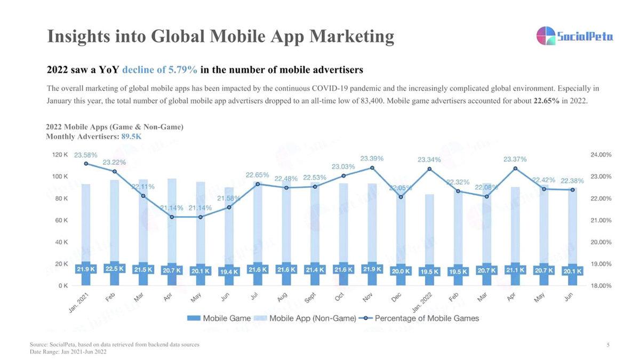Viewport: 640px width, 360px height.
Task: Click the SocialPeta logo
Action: (574, 36)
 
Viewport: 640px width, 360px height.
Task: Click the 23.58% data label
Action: (85, 155)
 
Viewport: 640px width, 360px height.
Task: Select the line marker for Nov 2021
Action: (372, 168)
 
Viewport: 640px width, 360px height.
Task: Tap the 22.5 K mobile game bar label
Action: (114, 269)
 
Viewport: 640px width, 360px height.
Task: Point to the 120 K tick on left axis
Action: (60, 155)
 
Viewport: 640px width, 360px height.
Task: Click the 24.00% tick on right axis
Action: (601, 155)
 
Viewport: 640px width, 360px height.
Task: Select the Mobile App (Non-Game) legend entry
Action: (306, 318)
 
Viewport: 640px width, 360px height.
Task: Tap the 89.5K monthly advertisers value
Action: (131, 137)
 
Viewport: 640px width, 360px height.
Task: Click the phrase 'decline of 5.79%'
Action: (159, 70)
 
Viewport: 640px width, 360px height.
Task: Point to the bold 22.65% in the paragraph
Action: (547, 101)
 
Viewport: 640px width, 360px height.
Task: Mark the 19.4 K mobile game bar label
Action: (229, 271)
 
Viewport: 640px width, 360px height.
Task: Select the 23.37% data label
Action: (515, 159)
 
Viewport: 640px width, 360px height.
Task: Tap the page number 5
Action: (608, 345)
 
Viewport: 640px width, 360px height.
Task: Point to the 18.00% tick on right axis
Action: (601, 286)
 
